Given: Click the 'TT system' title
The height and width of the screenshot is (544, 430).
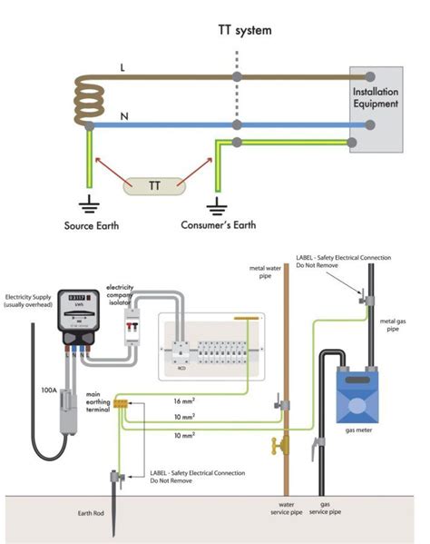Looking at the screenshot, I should click(245, 29).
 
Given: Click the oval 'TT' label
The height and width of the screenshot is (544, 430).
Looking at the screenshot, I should click(154, 186).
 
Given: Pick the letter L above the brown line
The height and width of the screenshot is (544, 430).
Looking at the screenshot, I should click(124, 67).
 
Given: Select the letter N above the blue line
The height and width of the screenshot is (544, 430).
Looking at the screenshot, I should click(124, 116).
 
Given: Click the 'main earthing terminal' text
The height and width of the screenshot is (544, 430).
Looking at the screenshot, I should click(98, 402).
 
